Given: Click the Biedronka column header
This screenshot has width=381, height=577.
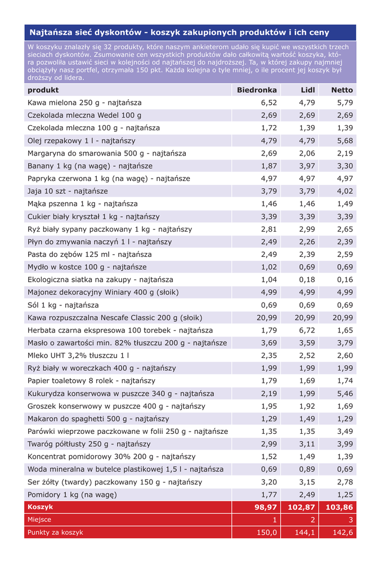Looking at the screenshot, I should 257,90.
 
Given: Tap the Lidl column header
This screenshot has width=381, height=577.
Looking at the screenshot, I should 308,90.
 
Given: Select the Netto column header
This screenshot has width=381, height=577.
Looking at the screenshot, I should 342,90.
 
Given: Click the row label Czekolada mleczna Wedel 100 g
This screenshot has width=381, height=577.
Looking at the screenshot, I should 84,116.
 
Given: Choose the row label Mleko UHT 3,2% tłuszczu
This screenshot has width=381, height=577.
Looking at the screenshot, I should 78,356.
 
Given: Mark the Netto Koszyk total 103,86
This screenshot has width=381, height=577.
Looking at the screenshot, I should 340,507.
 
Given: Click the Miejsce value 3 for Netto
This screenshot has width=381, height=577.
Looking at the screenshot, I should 351,520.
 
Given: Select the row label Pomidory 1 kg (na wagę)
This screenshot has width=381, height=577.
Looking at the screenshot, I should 72,495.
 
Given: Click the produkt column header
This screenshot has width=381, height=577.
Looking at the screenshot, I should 43,90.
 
